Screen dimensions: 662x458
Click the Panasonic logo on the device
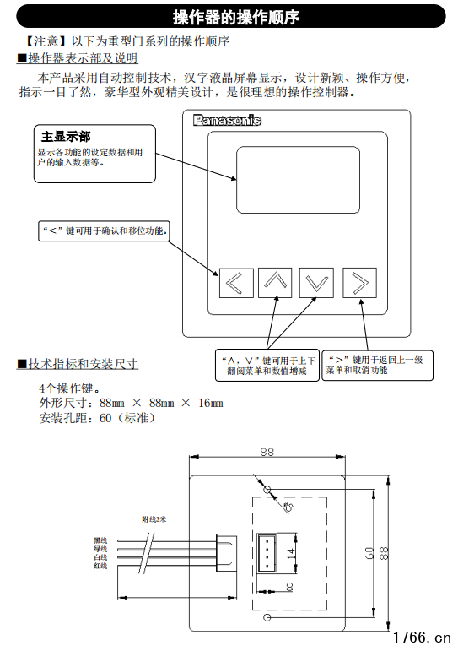tap(227, 121)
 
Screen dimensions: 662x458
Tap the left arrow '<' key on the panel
tap(236, 283)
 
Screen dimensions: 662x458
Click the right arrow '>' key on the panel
tap(359, 283)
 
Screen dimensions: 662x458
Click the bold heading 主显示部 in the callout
tap(66, 136)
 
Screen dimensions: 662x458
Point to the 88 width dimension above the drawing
tap(267, 452)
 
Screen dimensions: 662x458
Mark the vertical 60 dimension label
tap(369, 554)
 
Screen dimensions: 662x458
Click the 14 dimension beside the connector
tap(290, 552)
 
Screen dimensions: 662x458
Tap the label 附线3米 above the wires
tap(154, 520)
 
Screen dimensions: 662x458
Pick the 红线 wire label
tap(100, 566)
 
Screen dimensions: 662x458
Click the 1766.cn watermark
tap(422, 636)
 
